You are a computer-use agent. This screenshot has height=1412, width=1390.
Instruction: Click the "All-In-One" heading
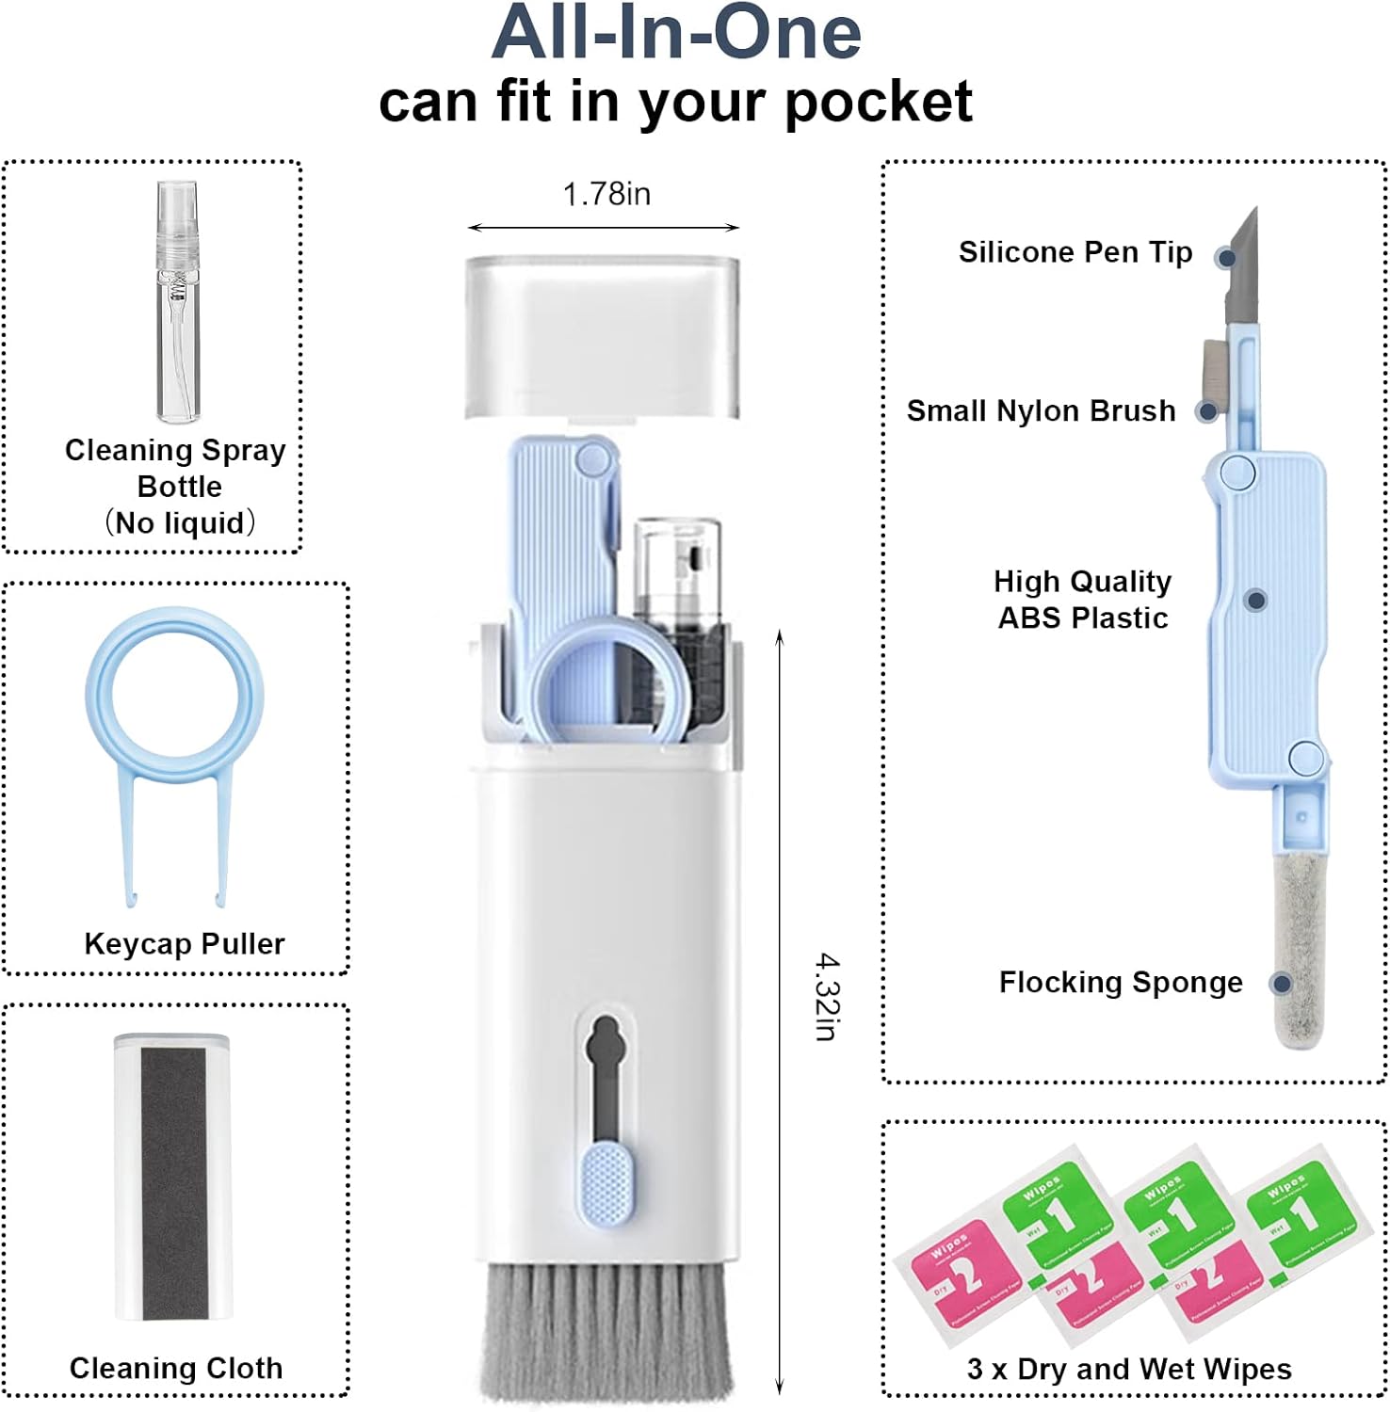[676, 33]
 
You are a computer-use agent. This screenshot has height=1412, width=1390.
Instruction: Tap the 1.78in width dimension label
[606, 194]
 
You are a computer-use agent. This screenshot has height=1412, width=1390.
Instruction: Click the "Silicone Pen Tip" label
[1075, 252]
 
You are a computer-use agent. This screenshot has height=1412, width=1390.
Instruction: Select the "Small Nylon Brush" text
[1041, 411]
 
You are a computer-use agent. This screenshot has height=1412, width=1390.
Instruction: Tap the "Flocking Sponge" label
[1120, 983]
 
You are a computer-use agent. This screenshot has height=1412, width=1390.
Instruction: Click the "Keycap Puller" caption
[185, 944]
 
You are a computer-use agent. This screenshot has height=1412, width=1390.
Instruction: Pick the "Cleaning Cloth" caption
[176, 1368]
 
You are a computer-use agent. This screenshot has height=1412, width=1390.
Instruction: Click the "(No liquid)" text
[179, 523]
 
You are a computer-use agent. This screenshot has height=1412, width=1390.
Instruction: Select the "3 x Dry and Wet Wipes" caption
[1129, 1369]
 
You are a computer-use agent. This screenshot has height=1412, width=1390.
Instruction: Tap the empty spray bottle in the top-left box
[178, 301]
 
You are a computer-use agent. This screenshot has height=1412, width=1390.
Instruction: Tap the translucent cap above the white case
[603, 334]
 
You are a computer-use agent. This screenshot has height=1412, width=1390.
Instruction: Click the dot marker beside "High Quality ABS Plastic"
[1255, 601]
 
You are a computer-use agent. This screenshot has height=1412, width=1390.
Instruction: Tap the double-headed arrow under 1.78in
[604, 228]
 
